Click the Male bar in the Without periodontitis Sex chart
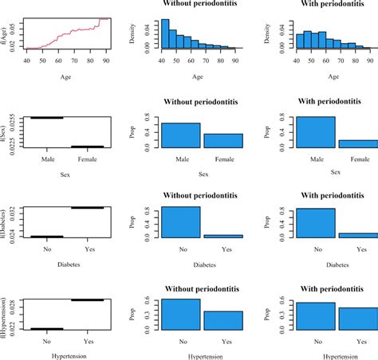pos(180,136)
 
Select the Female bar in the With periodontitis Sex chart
pos(357,144)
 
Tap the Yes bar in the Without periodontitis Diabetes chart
pos(222,236)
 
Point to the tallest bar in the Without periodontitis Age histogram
pos(165,35)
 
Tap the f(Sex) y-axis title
pos(7,131)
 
